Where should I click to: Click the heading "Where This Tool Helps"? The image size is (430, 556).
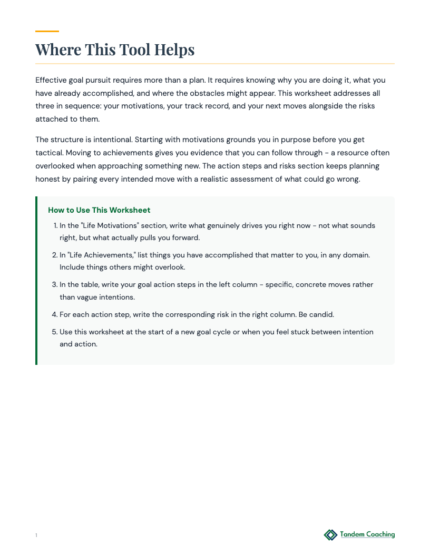pos(115,49)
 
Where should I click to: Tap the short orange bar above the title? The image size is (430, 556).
pos(47,31)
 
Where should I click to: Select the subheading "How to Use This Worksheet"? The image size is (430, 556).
pos(99,210)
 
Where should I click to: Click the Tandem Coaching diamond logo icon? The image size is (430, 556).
pos(330,535)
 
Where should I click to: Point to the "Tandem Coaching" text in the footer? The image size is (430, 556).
pos(367,534)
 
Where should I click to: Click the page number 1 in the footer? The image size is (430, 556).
pos(36,535)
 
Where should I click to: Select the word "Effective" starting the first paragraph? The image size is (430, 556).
pos(51,80)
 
